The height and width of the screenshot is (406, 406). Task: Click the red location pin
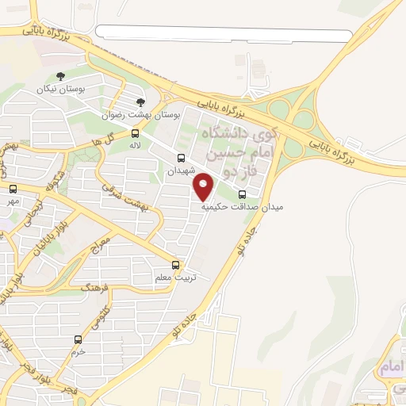click(205, 186)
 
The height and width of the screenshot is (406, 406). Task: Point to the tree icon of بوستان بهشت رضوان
click(141, 102)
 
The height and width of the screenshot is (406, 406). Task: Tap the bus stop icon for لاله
click(136, 133)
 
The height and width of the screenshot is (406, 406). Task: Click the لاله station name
click(136, 147)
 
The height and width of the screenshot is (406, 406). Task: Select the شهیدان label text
click(181, 170)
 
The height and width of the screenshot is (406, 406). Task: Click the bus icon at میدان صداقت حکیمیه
click(242, 193)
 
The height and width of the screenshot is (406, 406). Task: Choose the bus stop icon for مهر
click(13, 189)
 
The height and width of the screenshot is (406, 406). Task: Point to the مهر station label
click(13, 201)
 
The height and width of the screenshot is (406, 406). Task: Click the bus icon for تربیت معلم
click(176, 266)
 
